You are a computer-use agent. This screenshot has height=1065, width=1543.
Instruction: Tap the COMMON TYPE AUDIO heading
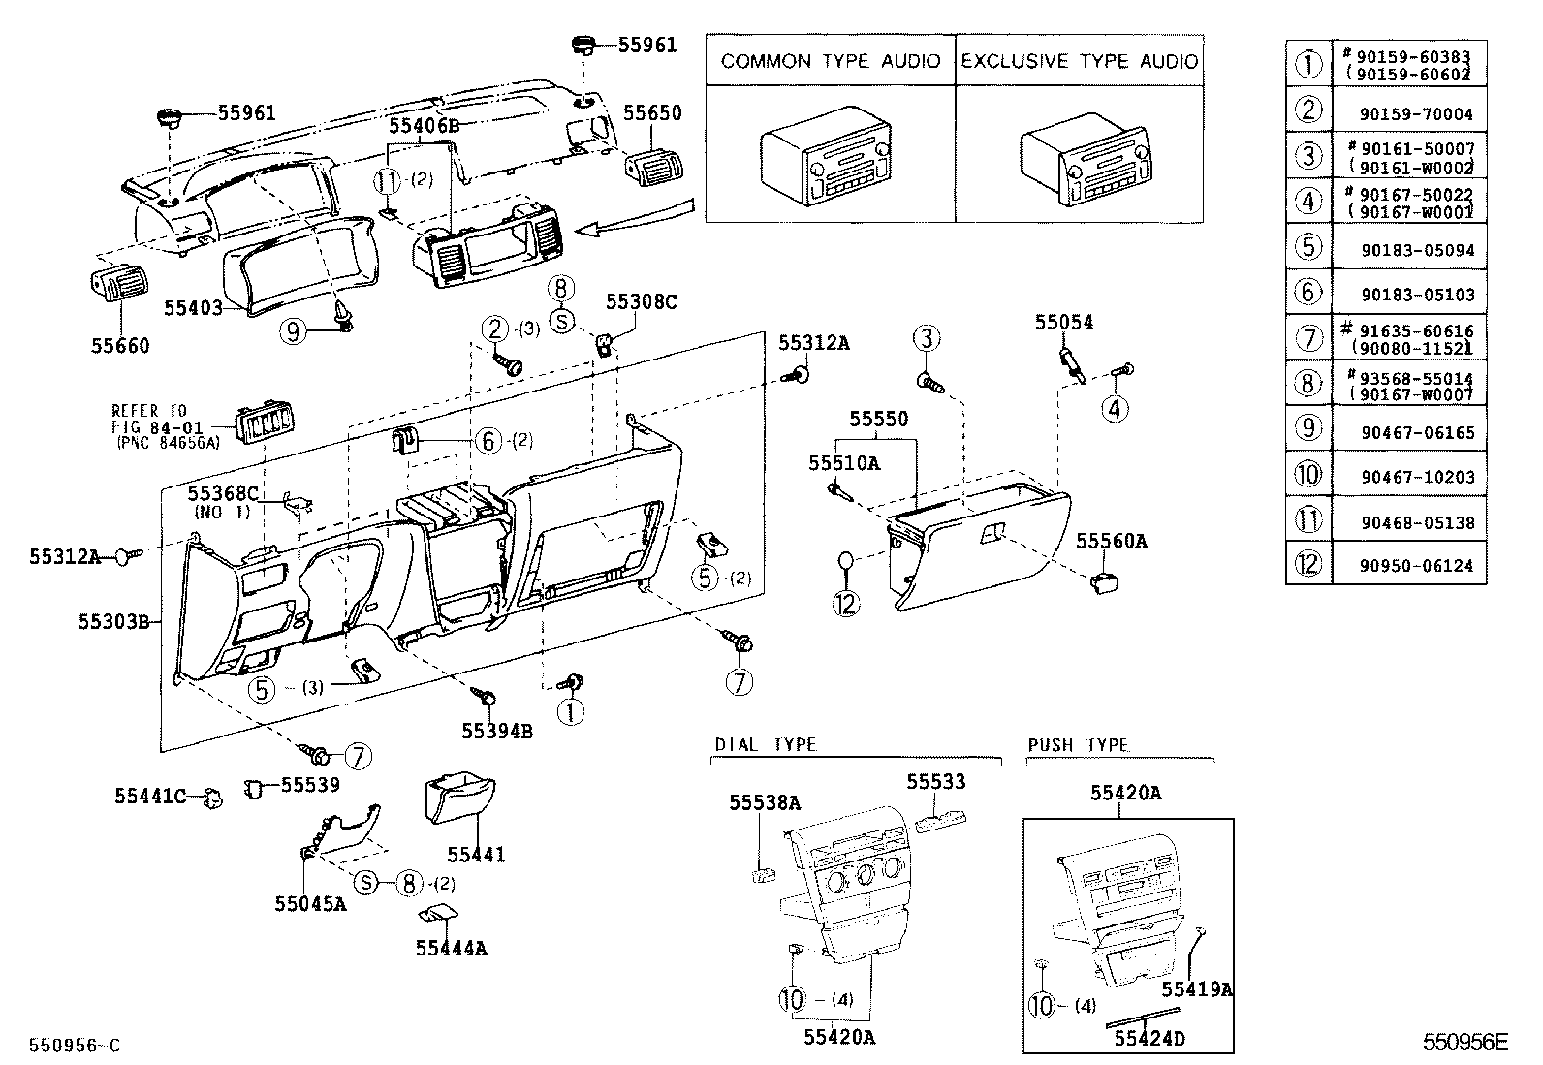[831, 61]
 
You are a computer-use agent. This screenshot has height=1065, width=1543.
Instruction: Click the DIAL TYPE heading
[766, 744]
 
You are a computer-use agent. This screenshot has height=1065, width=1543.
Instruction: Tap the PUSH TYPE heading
[1078, 744]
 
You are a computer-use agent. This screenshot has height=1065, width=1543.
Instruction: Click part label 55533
[935, 782]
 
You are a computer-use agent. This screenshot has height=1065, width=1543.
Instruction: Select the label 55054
[1063, 323]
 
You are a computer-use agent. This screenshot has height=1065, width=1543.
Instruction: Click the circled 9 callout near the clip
[293, 331]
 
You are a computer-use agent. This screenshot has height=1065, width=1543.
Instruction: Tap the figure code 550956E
[1465, 1043]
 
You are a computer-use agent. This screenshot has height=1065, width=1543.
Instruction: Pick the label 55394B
[496, 732]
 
